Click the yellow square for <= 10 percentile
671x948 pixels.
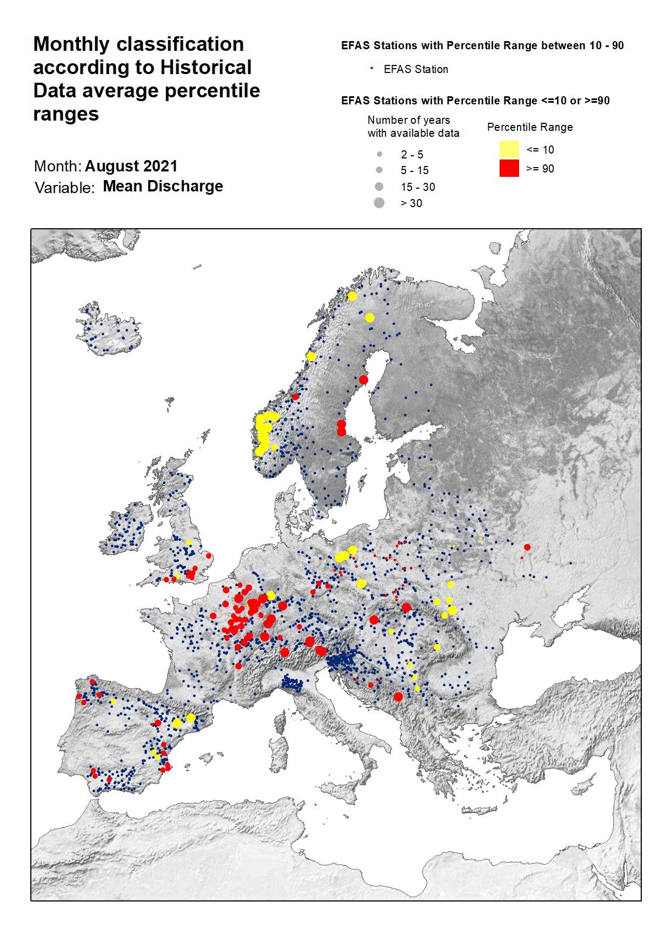(x=509, y=149)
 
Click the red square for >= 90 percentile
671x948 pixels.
(x=509, y=168)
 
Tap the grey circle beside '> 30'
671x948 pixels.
(x=379, y=203)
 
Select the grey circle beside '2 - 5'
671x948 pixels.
(x=379, y=154)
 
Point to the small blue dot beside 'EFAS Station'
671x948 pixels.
(x=371, y=68)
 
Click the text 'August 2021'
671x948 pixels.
(x=131, y=166)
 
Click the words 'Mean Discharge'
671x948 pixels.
(x=163, y=186)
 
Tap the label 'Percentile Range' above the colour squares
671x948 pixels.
(x=529, y=127)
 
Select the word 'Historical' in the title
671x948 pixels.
(x=206, y=67)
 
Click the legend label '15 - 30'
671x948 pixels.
(x=417, y=187)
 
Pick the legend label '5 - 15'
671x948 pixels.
(x=414, y=170)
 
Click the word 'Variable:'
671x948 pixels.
(x=64, y=188)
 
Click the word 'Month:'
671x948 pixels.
(x=58, y=166)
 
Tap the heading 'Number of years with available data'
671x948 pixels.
(x=413, y=127)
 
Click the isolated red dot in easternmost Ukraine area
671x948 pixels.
(x=527, y=547)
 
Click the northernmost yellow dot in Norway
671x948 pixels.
(x=352, y=296)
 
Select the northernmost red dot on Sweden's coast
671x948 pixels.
(x=364, y=380)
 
